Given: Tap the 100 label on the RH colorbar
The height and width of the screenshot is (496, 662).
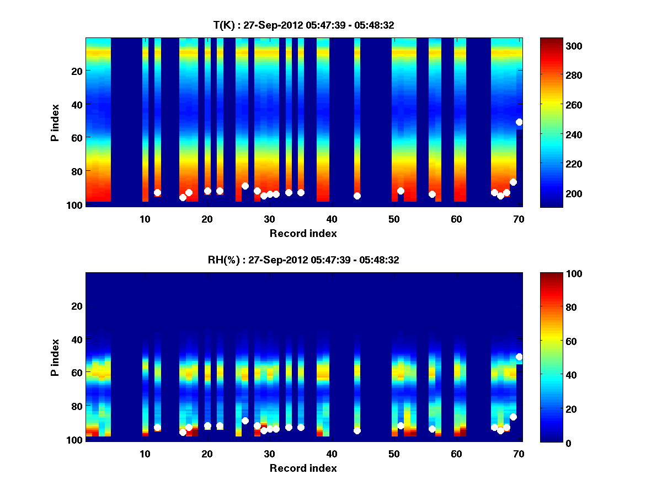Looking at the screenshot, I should pos(554,274).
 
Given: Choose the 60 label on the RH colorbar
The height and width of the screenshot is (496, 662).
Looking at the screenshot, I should pos(552,342).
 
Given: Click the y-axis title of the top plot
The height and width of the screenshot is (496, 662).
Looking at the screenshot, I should pos(55,122).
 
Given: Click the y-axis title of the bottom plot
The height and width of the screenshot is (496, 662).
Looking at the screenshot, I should pos(55,357).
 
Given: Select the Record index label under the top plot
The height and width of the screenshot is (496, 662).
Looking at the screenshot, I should pos(303,234).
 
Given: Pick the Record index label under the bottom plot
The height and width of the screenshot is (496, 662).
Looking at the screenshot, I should pos(303,468).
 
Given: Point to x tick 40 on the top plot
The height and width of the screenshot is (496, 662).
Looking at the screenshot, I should pos(332,219).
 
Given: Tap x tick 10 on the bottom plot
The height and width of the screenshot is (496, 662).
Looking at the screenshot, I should pos(145,454).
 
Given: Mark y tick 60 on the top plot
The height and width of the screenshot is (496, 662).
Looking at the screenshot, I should pos(76,137).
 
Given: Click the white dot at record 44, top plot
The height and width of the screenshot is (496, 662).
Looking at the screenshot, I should pos(357,196).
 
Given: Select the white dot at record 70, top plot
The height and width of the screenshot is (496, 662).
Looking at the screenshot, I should pos(519,122).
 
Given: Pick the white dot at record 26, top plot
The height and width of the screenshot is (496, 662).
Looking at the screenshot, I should pos(245,186).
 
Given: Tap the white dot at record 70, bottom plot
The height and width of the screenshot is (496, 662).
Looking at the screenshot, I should pos(519,357).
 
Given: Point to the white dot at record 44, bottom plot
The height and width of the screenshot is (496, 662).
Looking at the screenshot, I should pos(357,430).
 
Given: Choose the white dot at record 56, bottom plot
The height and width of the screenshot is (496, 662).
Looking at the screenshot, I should pos(432,429).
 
